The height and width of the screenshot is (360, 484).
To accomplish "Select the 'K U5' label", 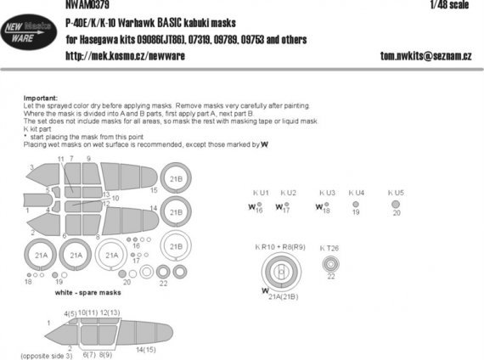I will point(396,194).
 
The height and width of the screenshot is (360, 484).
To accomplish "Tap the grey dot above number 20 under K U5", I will point(396,205).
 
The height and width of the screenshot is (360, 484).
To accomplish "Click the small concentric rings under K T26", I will point(330,264).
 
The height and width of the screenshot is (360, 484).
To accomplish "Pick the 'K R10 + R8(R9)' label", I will point(279,246).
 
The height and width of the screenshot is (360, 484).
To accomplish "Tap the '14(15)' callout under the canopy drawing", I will point(145,350).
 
